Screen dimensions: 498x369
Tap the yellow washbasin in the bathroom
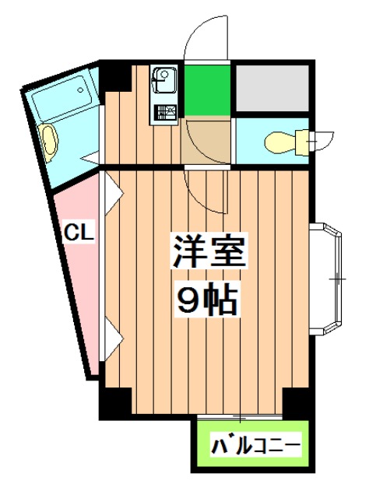(x=49, y=141)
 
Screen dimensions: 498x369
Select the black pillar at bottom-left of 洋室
(x=115, y=402)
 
